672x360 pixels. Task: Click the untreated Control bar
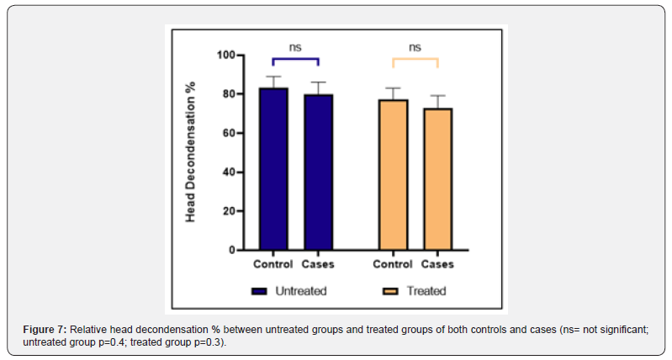pos(273,168)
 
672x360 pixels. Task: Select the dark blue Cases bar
pos(318,172)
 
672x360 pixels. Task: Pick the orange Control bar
pos(393,174)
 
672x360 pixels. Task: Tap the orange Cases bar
pos(437,178)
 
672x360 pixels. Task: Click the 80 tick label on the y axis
pos(227,94)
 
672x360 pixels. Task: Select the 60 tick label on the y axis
pos(227,133)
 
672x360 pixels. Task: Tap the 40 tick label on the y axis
pos(227,172)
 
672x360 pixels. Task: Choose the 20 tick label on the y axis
pos(227,211)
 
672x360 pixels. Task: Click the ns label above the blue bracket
pos(295,47)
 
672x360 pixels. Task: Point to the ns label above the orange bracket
pos(415,47)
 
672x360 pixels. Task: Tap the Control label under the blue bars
pos(273,264)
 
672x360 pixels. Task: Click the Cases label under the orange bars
pos(437,264)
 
